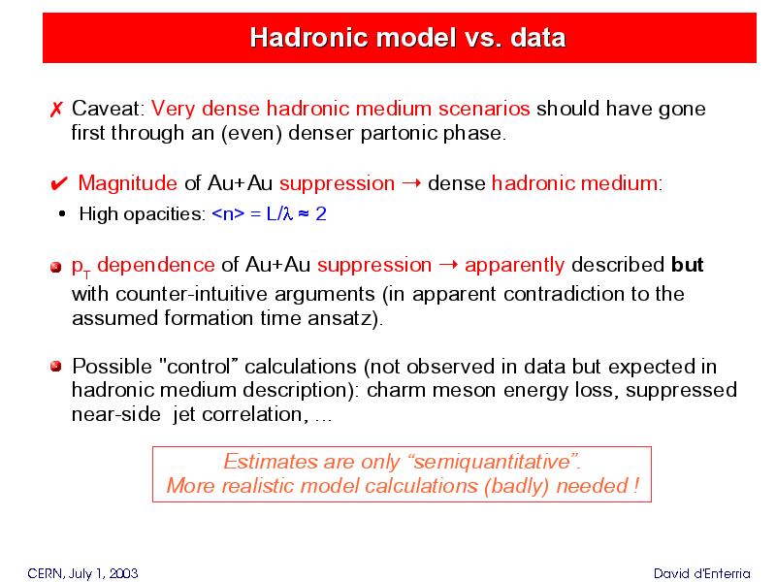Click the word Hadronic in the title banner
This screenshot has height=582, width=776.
pos(304,38)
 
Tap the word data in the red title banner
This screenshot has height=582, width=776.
pos(538,38)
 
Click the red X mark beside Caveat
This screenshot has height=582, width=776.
pos(56,109)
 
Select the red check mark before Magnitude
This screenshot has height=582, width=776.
pos(59,184)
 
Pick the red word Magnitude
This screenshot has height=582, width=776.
pos(128,183)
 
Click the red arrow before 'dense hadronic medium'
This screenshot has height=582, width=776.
pos(411,183)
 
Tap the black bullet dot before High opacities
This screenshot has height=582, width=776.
pos(62,213)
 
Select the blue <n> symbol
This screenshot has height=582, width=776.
pos(228,213)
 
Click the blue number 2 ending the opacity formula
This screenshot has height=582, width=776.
pos(321,213)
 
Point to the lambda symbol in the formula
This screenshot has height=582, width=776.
pos(288,213)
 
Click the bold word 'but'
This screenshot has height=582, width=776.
pos(688,265)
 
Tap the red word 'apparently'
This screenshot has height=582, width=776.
pos(515,266)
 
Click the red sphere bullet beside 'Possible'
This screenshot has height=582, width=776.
pos(56,367)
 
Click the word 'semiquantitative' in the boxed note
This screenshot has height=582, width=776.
pos(493,462)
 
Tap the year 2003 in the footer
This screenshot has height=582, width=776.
pos(123,573)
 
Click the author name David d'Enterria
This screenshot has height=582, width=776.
pos(701,573)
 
